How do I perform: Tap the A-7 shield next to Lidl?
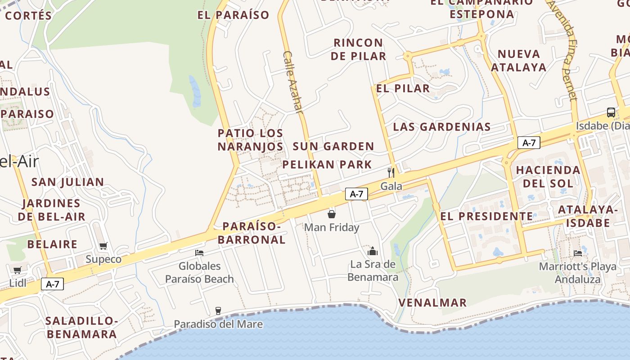(x=53, y=284)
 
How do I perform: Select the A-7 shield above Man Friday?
(x=356, y=194)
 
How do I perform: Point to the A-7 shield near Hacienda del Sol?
(x=529, y=143)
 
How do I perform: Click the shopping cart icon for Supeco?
(x=103, y=246)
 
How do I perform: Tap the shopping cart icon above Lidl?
(x=17, y=270)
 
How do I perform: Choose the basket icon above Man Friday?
(x=332, y=214)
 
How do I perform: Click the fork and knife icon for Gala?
(x=391, y=172)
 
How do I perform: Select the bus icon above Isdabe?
(x=611, y=112)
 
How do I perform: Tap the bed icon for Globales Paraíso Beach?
(x=199, y=253)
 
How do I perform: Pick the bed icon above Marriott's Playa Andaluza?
(x=578, y=253)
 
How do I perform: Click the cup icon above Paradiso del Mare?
(x=218, y=310)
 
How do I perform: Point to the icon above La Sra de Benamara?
(x=372, y=251)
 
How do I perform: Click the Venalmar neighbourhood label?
(x=432, y=303)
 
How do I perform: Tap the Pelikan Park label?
(x=327, y=165)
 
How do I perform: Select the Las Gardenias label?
(x=441, y=127)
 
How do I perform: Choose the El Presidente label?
(x=486, y=216)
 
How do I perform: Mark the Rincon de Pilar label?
(x=359, y=49)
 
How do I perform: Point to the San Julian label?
(x=67, y=182)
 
